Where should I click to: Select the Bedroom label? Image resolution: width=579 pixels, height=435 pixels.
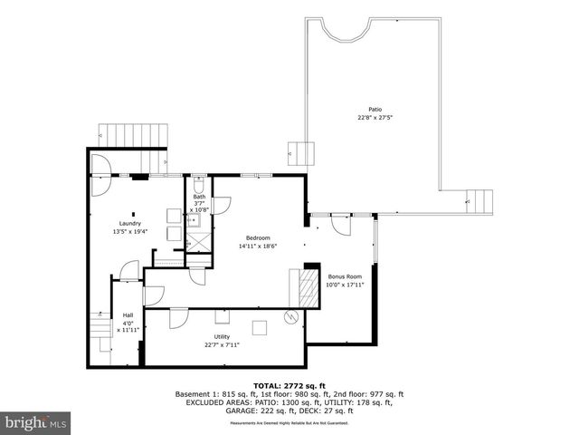258,238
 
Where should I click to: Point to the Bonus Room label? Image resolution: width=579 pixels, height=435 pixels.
344,276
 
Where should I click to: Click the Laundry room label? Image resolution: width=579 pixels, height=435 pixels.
130,223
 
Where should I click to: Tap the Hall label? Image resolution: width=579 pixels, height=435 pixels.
128,315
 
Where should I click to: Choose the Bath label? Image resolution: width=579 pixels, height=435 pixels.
199,197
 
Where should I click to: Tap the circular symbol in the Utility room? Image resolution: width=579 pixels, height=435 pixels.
290,317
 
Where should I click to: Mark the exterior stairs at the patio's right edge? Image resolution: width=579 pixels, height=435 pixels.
479,199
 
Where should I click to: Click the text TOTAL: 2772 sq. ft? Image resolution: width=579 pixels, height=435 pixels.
289,385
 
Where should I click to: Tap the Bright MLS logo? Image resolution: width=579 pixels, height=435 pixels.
36,422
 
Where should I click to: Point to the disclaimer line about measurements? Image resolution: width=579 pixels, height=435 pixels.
289,423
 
